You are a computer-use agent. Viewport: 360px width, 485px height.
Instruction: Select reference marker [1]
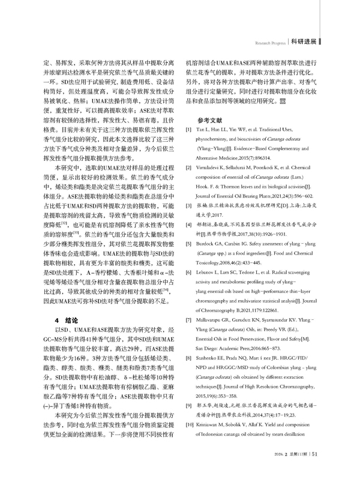tap(187, 130)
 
